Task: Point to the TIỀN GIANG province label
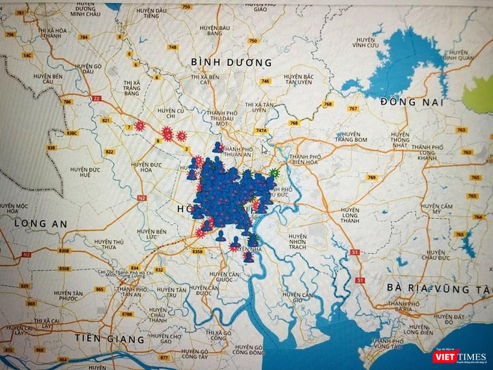(x=109, y=339)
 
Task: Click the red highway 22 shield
(x=96, y=98)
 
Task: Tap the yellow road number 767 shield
(x=352, y=109)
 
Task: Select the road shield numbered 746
(x=266, y=81)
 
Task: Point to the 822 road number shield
(x=110, y=152)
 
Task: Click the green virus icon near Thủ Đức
(x=274, y=174)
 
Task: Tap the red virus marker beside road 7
(x=140, y=126)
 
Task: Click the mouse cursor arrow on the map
(x=264, y=149)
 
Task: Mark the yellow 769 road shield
(x=371, y=178)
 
